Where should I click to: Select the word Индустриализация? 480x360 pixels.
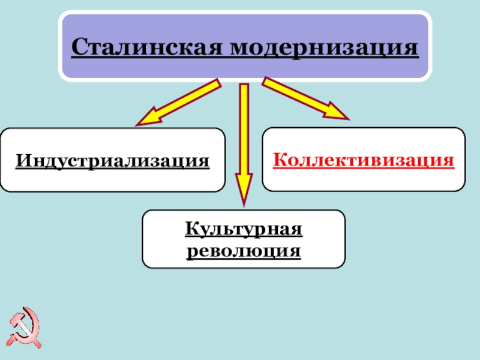[x=113, y=160]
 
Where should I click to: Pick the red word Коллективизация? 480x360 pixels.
[x=364, y=160]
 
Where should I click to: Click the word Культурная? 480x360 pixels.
[x=243, y=229]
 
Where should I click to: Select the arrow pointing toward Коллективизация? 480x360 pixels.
[x=306, y=99]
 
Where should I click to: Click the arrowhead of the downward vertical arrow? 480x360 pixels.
[x=244, y=192]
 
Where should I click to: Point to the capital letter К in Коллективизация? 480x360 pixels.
[x=280, y=160]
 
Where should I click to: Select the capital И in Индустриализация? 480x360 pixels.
[x=23, y=160]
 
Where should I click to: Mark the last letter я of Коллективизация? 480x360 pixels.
[x=448, y=160]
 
